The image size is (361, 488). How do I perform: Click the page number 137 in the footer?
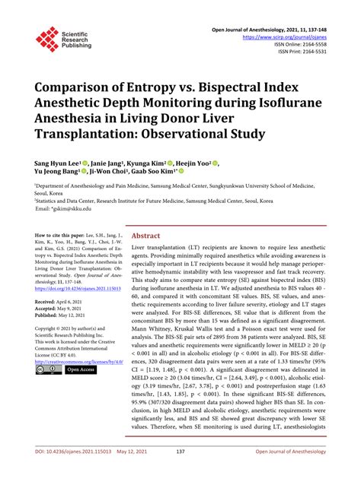pos(180,473)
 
